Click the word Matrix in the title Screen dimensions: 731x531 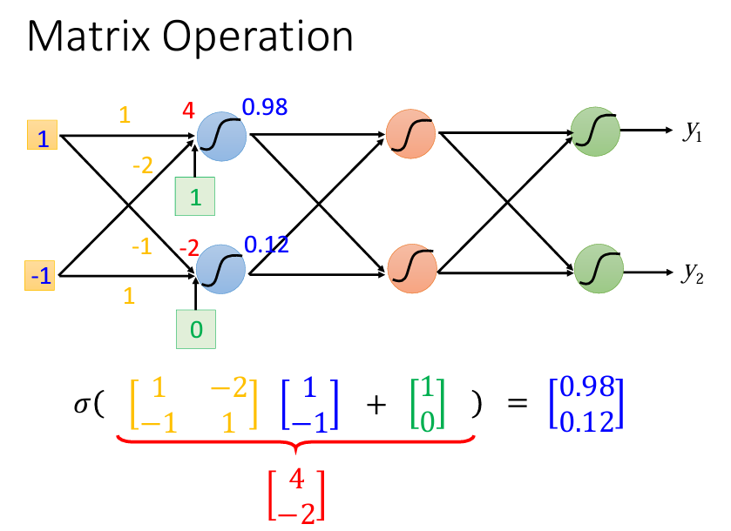tap(89, 37)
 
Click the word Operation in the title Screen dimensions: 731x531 tap(258, 38)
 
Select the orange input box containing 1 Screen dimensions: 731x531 tap(43, 135)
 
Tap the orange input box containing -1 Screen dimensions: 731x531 tap(39, 275)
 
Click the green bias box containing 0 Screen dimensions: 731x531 tap(196, 329)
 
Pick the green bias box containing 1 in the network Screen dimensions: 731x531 tap(195, 196)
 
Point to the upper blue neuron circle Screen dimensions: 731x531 tap(221, 137)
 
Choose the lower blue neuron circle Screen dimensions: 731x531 tap(220, 269)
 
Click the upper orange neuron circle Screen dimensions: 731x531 tap(410, 134)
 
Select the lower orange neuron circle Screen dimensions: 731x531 tap(412, 269)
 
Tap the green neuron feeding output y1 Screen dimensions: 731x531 tap(595, 131)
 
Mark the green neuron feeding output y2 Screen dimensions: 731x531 tap(599, 269)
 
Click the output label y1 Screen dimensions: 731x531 tap(693, 131)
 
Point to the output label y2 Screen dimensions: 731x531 tap(693, 273)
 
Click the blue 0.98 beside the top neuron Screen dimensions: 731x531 tap(265, 107)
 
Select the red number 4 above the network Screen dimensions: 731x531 tap(188, 111)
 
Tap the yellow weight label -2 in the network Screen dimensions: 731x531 tap(143, 165)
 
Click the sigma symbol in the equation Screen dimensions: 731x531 tap(82, 404)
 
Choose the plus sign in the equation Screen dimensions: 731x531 tap(376, 404)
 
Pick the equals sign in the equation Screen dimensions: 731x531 tap(517, 402)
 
